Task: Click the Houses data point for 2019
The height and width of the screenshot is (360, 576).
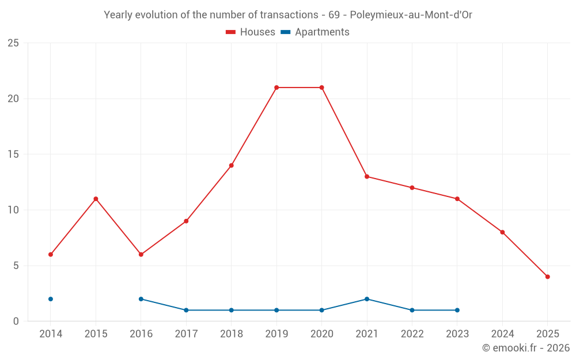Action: click(276, 88)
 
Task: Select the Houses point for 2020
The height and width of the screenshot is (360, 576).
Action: click(321, 88)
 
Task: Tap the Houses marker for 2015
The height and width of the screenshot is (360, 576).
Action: click(96, 199)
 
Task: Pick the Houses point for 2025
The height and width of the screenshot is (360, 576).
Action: click(547, 276)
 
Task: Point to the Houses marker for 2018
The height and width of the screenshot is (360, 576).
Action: click(231, 165)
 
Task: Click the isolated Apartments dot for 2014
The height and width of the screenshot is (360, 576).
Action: click(51, 299)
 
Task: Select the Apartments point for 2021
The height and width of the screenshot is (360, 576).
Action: click(367, 299)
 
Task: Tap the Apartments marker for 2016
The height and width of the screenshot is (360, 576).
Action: click(141, 299)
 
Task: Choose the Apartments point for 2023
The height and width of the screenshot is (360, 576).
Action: click(457, 310)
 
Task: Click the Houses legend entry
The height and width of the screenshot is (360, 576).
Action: click(251, 32)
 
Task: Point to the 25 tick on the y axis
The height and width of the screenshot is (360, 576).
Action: click(13, 43)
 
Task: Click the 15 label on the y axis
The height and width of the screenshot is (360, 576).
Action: click(13, 154)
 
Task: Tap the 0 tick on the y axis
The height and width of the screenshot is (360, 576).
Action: click(16, 321)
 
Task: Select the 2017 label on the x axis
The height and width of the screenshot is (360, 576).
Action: click(186, 334)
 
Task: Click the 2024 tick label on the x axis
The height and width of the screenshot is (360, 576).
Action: click(502, 334)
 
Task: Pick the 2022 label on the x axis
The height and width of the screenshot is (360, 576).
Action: click(412, 334)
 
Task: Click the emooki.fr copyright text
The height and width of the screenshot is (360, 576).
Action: click(526, 348)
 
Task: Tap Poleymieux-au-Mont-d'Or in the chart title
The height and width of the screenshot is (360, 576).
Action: click(411, 15)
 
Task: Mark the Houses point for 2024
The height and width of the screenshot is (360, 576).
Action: click(502, 232)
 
